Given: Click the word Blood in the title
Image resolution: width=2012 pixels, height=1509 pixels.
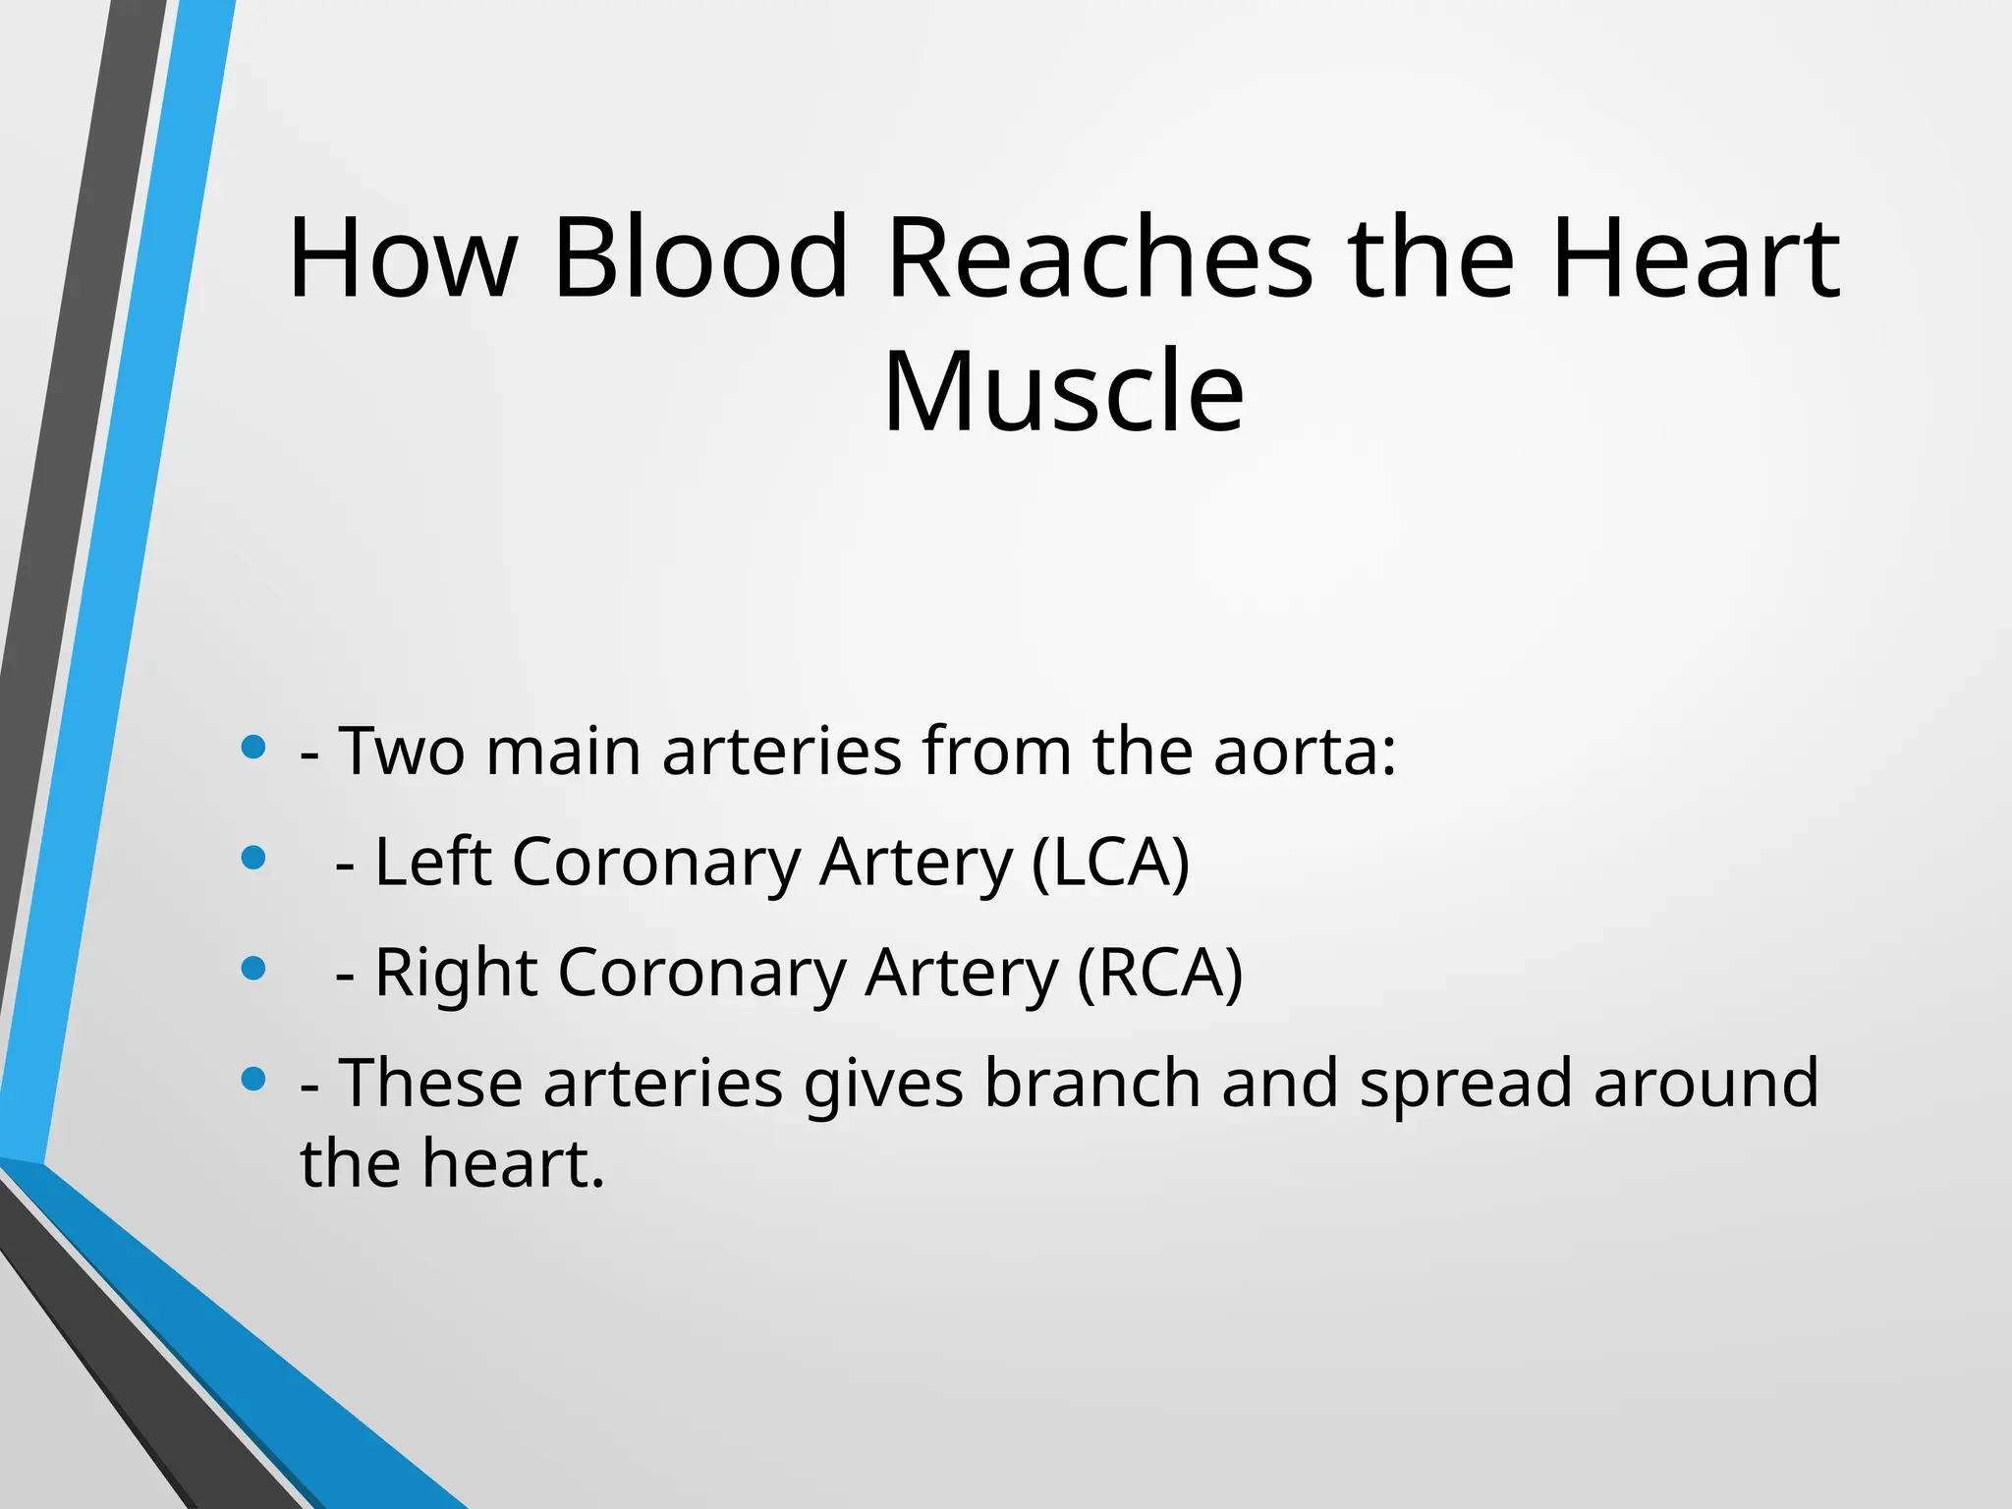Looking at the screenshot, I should click(699, 257).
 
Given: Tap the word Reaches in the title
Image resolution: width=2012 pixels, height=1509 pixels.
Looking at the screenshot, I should click(1098, 257).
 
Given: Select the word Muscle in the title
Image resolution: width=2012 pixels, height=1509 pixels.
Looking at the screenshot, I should click(1063, 392).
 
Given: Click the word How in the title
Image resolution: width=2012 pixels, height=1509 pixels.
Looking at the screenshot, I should click(402, 257).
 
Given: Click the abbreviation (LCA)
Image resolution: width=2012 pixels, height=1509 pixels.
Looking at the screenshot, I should click(1110, 862).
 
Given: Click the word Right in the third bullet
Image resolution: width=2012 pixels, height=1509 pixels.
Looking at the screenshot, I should click(456, 973).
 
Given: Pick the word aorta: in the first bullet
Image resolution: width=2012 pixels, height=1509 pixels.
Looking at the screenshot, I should click(1304, 751).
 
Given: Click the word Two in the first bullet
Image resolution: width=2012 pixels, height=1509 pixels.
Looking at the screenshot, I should click(402, 751).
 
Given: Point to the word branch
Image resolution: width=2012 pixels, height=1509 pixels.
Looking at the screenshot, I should click(1091, 1083).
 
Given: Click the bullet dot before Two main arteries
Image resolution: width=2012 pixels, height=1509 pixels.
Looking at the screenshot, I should click(253, 748).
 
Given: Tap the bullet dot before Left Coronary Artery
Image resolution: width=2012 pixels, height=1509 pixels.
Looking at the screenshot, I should click(253, 859).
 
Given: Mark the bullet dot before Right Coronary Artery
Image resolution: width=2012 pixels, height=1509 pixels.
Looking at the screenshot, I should click(253, 970).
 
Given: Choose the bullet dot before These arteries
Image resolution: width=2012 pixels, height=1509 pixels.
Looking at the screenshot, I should click(253, 1080).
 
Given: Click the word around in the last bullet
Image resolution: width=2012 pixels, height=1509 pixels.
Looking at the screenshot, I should click(1705, 1083).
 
